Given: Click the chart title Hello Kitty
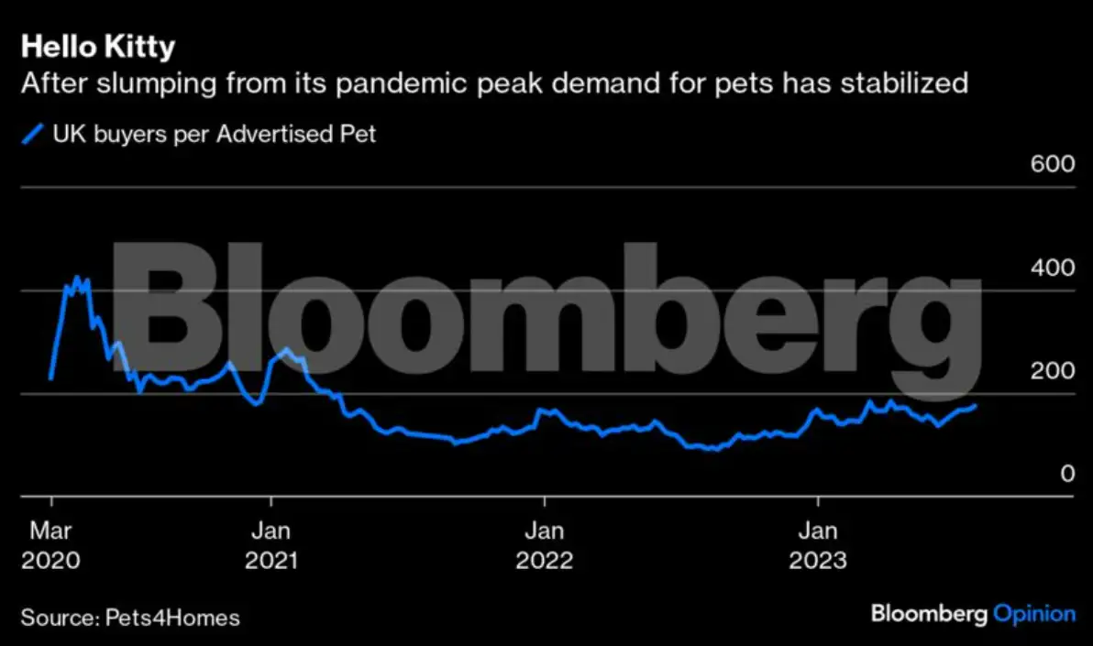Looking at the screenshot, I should tap(97, 47).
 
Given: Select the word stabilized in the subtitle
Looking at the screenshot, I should tap(891, 83).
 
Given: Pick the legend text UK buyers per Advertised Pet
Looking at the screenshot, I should tap(214, 135).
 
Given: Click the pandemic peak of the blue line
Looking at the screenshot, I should tap(77, 277).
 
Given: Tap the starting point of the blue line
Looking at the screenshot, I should tap(50, 378).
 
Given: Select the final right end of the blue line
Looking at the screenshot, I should tap(975, 405).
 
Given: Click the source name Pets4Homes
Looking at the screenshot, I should tap(168, 618).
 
